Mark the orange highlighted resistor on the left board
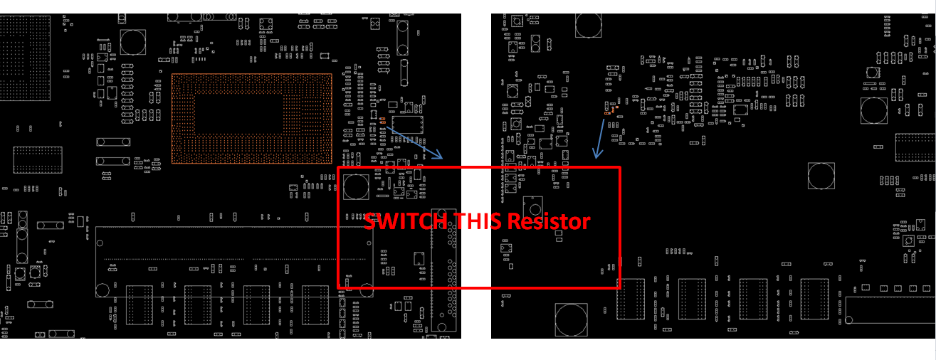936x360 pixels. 382,120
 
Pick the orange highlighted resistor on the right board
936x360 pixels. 608,112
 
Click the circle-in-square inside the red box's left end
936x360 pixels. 356,186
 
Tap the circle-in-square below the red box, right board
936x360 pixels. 571,319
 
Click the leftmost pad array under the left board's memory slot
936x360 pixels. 140,305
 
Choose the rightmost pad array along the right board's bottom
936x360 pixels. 814,299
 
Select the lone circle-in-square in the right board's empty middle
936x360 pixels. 821,176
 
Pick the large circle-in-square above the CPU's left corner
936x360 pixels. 132,42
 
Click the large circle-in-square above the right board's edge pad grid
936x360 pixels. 874,110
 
